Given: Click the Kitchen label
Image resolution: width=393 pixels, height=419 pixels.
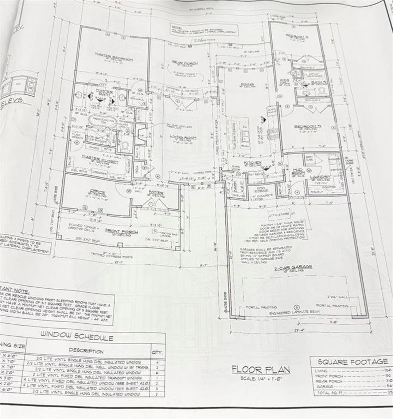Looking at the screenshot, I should tap(252, 163).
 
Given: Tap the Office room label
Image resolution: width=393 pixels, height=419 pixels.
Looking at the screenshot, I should tap(98, 192).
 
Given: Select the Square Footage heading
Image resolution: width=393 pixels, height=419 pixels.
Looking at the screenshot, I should tap(353, 362).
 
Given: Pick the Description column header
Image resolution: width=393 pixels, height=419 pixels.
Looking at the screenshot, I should tap(86, 351).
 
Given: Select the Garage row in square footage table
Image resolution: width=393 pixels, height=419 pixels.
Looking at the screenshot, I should tap(350, 386).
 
